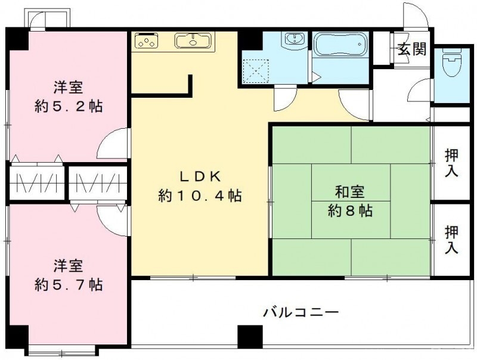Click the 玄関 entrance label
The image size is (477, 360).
pyautogui.click(x=412, y=49)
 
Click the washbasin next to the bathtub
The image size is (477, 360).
pyautogui.click(x=293, y=41)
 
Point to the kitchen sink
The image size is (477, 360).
pyautogui.click(x=192, y=41)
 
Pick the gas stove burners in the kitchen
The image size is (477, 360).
pyautogui.click(x=147, y=41)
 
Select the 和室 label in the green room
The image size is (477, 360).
pyautogui.click(x=350, y=192)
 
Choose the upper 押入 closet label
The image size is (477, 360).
pyautogui.click(x=452, y=162)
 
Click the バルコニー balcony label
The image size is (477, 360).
pyautogui.click(x=301, y=312)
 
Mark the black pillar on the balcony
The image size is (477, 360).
pyautogui.click(x=250, y=337)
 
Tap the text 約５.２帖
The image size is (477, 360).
pyautogui.click(x=67, y=106)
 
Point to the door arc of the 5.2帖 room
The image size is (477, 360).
pyautogui.click(x=113, y=144)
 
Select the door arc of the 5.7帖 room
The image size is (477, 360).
pyautogui.click(x=113, y=220)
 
